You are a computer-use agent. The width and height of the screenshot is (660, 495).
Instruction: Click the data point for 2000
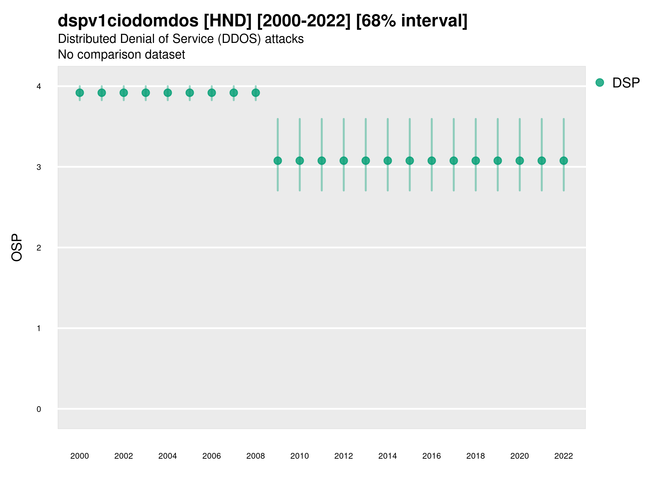[80, 93]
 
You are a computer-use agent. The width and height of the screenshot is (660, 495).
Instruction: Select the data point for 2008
[256, 93]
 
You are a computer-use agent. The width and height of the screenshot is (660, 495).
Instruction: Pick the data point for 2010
[299, 161]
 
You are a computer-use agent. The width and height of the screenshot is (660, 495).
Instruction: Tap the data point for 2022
[564, 161]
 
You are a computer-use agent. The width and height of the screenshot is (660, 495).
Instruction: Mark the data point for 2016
[432, 161]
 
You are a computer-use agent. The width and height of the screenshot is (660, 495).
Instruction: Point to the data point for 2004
[168, 93]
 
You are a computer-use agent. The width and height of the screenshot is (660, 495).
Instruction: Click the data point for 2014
[387, 161]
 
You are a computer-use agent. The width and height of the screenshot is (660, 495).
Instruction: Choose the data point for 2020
[520, 161]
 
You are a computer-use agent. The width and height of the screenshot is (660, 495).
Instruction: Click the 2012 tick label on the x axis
[343, 456]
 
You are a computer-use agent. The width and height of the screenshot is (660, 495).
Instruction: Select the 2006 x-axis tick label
[211, 456]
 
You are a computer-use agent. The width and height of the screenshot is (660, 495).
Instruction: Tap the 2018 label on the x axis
[475, 456]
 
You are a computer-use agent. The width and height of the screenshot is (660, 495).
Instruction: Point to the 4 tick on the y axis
[39, 87]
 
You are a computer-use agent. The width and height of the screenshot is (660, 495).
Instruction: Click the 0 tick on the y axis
[39, 409]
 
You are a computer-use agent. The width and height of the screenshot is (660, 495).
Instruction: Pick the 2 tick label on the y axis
[39, 248]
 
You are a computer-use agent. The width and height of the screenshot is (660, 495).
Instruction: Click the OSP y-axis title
[17, 248]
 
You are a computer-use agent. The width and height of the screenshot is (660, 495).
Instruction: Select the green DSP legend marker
[600, 83]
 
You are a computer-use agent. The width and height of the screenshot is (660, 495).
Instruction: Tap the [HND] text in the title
[228, 21]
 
